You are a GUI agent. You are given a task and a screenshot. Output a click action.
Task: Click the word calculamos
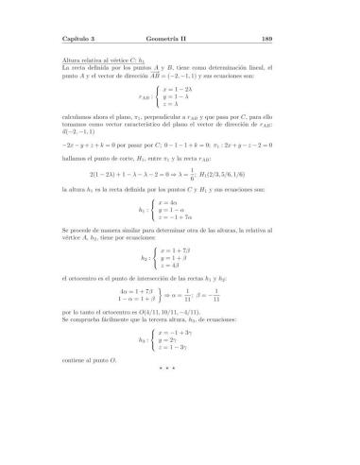pos(77,115)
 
